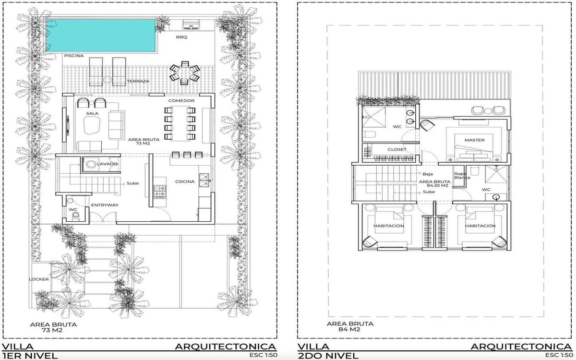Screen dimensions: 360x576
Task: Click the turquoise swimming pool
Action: click(101, 36)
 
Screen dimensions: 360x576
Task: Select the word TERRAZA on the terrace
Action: click(138, 82)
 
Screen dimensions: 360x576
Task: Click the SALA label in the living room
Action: click(92, 113)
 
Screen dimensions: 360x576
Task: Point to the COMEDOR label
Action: click(181, 101)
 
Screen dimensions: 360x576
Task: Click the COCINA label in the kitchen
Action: click(185, 181)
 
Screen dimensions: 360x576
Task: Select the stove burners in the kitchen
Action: click(159, 192)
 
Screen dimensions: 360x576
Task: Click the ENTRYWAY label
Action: click(105, 205)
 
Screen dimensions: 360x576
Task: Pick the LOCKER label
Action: click(39, 279)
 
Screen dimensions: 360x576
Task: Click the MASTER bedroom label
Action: click(474, 140)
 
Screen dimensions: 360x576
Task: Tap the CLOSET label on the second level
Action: click(397, 150)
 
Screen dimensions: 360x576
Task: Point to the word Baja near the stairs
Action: click(428, 174)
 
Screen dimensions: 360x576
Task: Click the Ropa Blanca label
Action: click(462, 176)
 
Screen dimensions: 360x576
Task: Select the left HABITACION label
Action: click(389, 226)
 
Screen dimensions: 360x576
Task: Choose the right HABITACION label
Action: click(480, 226)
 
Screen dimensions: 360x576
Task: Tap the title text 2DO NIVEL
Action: click(327, 356)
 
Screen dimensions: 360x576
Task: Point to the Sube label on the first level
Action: click(132, 183)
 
